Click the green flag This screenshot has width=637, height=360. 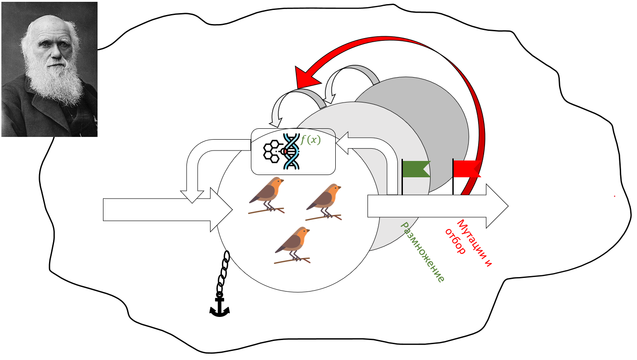pos(415,169)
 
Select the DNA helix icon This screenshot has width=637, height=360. pos(292,151)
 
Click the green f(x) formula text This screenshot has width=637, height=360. pos(311,140)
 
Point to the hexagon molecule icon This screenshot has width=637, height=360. pos(272,151)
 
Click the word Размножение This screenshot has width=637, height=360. pos(421,252)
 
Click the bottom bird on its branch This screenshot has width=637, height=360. pos(293,245)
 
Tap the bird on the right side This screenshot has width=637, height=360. pos(324,201)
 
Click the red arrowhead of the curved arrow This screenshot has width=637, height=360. pos(306,76)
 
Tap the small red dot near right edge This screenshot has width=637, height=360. pos(614,196)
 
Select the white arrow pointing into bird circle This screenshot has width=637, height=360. pos(168,209)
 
